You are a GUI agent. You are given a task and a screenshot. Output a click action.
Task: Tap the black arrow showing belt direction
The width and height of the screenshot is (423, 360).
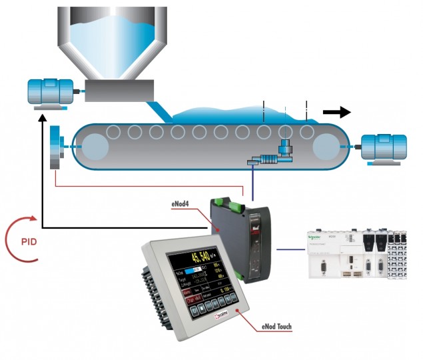point(336,111)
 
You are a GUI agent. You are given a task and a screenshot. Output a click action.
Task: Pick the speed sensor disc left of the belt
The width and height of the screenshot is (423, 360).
point(55,145)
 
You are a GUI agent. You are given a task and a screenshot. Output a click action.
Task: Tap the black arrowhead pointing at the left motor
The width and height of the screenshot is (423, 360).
point(43,120)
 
